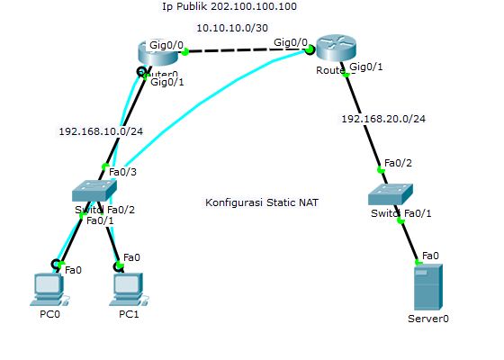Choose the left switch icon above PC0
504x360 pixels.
tap(94, 189)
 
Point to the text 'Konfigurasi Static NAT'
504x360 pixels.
tap(261, 202)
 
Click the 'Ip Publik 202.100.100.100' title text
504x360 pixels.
tap(229, 6)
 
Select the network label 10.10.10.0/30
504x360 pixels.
tap(232, 28)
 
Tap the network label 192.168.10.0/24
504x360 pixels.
tap(101, 130)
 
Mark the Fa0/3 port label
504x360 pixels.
tap(123, 171)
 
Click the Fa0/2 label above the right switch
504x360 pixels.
tap(397, 163)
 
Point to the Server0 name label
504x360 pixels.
tap(428, 319)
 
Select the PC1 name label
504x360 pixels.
tap(130, 314)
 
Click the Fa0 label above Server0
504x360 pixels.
tap(430, 255)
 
